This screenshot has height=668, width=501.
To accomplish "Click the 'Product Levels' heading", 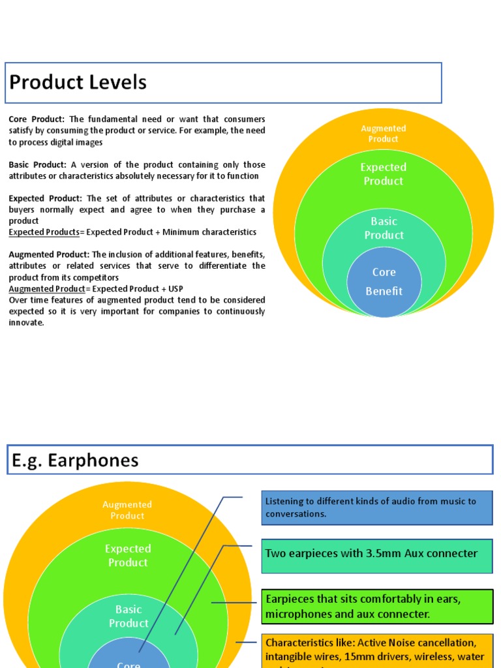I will tap(78, 83).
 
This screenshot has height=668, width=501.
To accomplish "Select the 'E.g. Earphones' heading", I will tap(75, 461).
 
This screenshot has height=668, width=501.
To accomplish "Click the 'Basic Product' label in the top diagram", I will tap(384, 228).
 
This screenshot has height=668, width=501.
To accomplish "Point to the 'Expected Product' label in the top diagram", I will tap(384, 174).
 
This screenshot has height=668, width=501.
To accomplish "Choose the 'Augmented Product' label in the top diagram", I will tap(384, 134).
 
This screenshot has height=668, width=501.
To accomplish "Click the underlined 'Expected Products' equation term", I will tap(44, 232).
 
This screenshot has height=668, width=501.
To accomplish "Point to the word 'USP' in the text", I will tap(175, 289).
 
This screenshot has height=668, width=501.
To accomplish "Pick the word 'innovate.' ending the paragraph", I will tap(27, 323).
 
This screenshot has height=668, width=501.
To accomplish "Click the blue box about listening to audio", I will tap(376, 508).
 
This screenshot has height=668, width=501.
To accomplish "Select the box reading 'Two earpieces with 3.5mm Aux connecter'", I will tap(376, 554).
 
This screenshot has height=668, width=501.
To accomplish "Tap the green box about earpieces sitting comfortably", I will tap(376, 607).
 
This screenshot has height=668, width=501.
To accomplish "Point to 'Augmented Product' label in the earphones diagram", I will tap(127, 510).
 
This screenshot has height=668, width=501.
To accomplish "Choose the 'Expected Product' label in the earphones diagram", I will tap(128, 556).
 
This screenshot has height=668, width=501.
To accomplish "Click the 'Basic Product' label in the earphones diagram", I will tap(129, 616).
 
